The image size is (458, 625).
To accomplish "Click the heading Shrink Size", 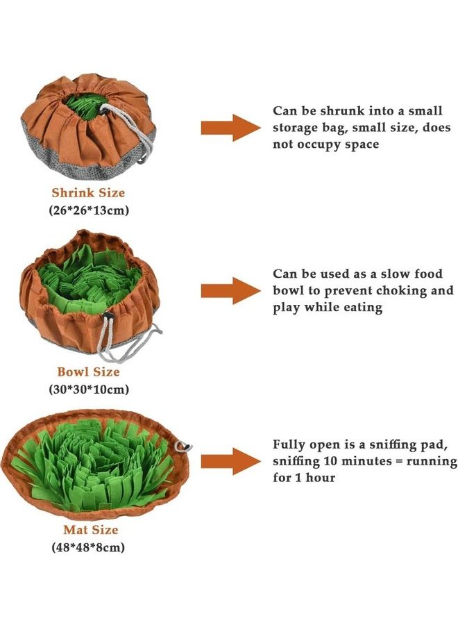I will coord(88,192).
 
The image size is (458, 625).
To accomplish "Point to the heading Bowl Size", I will coord(88,373).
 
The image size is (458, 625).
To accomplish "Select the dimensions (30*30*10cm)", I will coord(88,390).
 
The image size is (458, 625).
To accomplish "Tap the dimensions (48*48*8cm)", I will coord(88,547).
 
